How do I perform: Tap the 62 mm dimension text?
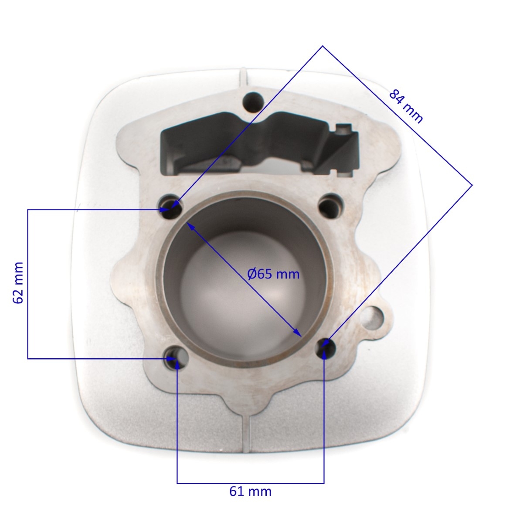pyautogui.click(x=18, y=283)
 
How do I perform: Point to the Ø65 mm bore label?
pyautogui.click(x=273, y=274)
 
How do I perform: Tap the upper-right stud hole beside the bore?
pyautogui.click(x=331, y=206)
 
